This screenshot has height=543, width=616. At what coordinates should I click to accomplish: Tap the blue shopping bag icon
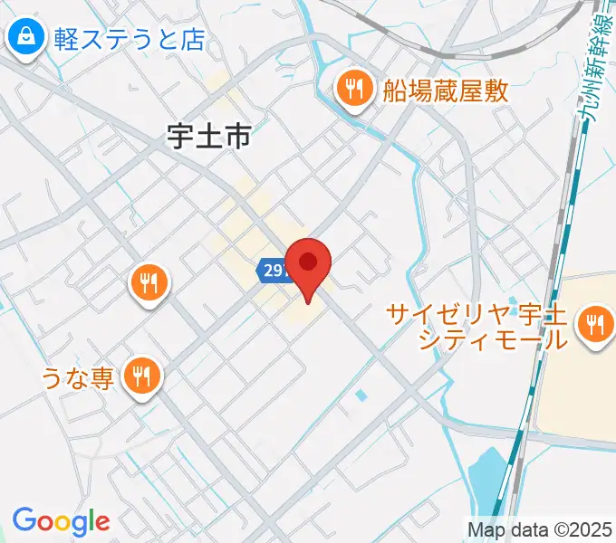click(24, 38)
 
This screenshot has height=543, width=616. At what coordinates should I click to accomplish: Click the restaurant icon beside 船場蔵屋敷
click(352, 89)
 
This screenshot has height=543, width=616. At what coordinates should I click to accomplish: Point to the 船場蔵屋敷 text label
click(446, 90)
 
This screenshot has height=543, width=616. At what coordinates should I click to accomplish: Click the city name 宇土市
click(208, 136)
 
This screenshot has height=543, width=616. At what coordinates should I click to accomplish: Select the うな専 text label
click(77, 376)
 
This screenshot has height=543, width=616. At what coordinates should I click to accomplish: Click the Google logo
click(61, 521)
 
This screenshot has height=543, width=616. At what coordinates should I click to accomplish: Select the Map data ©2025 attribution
click(540, 529)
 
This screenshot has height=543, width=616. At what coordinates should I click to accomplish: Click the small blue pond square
click(362, 395)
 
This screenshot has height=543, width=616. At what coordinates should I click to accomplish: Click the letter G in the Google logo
click(24, 520)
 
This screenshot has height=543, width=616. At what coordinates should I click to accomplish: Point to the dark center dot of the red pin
click(308, 262)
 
